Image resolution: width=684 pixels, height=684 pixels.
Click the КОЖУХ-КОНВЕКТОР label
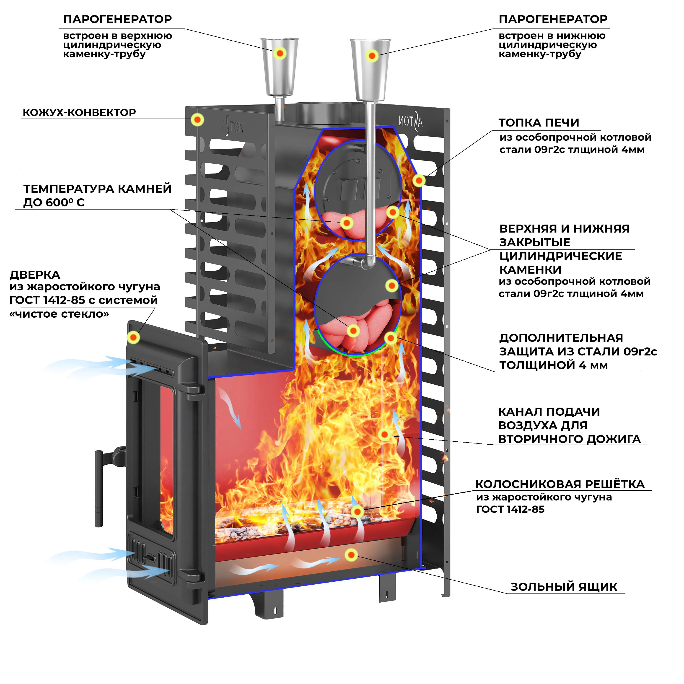79,113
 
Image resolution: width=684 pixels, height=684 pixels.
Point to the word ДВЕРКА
35,275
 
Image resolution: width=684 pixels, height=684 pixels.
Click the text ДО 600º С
54,202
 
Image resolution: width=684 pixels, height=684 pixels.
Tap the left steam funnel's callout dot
280,53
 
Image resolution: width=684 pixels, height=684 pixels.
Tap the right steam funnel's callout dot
372,56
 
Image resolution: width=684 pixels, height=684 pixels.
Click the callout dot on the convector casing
197,120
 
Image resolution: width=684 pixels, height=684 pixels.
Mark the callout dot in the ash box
351,555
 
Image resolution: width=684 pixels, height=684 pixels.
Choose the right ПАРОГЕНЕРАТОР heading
553,19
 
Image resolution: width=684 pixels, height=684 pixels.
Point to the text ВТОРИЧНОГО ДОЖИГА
569,439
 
